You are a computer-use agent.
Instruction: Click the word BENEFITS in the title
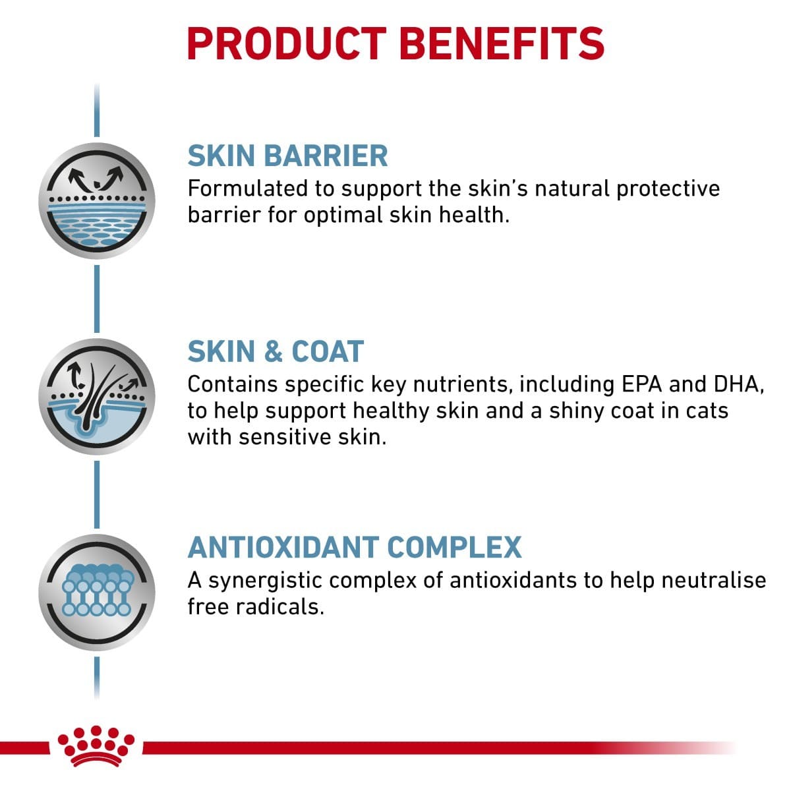pos(502,44)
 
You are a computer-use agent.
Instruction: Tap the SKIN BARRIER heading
pos(287,156)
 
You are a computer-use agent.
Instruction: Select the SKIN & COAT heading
pos(276,351)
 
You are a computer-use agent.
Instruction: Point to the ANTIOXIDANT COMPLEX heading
pos(355,547)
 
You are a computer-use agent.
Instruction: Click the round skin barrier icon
pos(97,200)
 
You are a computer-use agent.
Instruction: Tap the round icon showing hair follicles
pos(97,395)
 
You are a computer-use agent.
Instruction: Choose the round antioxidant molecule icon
pos(97,592)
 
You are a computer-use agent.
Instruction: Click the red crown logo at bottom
pos(97,746)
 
